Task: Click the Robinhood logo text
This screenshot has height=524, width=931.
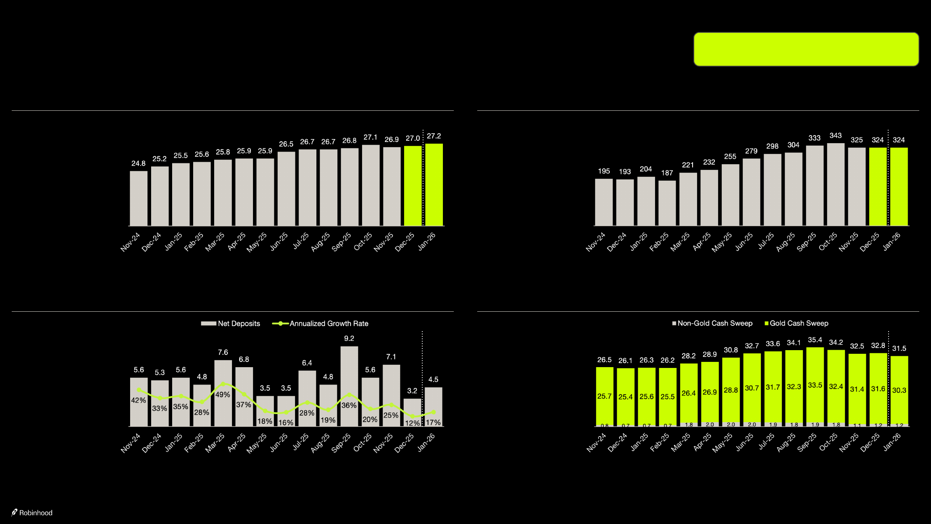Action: (36, 513)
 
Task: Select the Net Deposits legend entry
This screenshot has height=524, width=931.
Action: (231, 323)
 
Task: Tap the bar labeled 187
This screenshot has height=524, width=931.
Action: (667, 203)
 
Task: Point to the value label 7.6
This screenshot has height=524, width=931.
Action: (223, 352)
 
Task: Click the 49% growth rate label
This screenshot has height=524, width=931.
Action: (223, 395)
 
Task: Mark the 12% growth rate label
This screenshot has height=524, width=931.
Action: (412, 423)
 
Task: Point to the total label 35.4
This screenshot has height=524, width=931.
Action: (815, 340)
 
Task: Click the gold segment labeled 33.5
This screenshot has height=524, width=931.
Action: (815, 385)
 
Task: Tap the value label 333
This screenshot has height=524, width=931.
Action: (814, 138)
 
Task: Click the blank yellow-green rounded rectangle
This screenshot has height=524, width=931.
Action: (806, 49)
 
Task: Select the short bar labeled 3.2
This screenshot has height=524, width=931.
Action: (412, 412)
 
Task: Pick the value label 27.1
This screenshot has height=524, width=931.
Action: (370, 137)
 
